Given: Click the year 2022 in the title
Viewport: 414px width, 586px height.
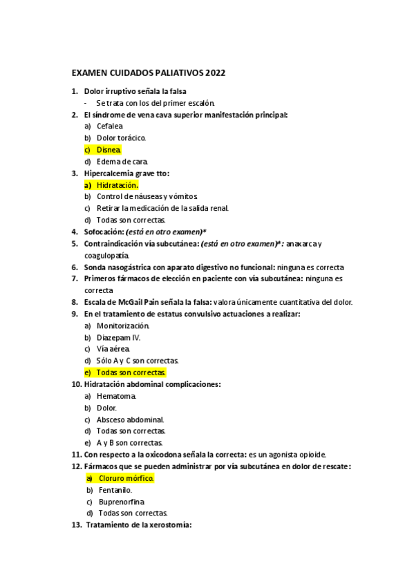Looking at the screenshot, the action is [x=213, y=73].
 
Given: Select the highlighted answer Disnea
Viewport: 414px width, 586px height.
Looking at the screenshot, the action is [x=109, y=149].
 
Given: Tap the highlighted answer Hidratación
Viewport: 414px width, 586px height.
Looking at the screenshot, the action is [x=117, y=185].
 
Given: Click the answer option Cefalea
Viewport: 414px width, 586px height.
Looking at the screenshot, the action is [x=110, y=126].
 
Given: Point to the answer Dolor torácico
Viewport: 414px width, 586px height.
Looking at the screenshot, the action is [x=121, y=138].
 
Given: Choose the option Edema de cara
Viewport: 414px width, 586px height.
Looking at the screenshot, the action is [x=122, y=161].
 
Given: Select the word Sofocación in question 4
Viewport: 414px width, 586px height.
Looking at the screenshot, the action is [x=103, y=231].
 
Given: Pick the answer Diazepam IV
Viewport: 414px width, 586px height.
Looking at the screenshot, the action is [x=118, y=337].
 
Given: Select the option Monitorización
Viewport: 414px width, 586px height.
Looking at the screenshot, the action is [x=123, y=325].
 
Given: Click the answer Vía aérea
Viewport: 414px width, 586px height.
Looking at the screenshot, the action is [x=113, y=349].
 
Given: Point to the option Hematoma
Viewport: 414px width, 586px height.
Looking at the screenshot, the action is [x=116, y=396].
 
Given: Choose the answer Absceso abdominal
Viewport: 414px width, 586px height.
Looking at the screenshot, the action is [x=130, y=419].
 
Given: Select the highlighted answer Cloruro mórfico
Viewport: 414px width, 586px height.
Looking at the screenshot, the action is [x=126, y=478].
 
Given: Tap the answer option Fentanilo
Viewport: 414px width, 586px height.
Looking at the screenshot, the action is [x=115, y=490].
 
